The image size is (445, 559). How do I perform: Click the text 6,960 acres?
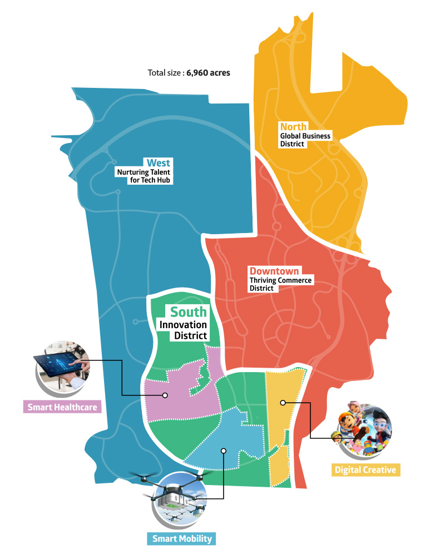click(x=208, y=73)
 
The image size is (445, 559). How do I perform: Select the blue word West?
click(x=159, y=163)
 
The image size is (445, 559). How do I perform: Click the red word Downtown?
click(x=274, y=271)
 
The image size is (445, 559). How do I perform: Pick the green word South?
click(x=188, y=313)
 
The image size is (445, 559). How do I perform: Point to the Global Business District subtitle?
click(x=305, y=140)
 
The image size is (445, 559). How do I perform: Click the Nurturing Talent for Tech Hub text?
click(x=145, y=176)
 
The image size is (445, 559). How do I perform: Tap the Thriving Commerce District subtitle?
click(x=281, y=284)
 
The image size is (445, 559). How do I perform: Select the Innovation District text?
click(x=184, y=330)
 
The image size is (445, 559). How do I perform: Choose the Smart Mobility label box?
click(x=182, y=538)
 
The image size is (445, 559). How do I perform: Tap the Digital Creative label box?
click(x=365, y=470)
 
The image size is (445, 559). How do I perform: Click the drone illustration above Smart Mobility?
click(x=174, y=492)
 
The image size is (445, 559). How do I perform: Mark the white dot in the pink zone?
click(x=165, y=395)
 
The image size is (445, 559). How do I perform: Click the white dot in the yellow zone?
click(x=283, y=402)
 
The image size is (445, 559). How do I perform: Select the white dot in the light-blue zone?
click(x=223, y=451)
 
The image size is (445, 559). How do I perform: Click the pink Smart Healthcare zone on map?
click(x=178, y=398)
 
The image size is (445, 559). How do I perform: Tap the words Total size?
click(x=165, y=73)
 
